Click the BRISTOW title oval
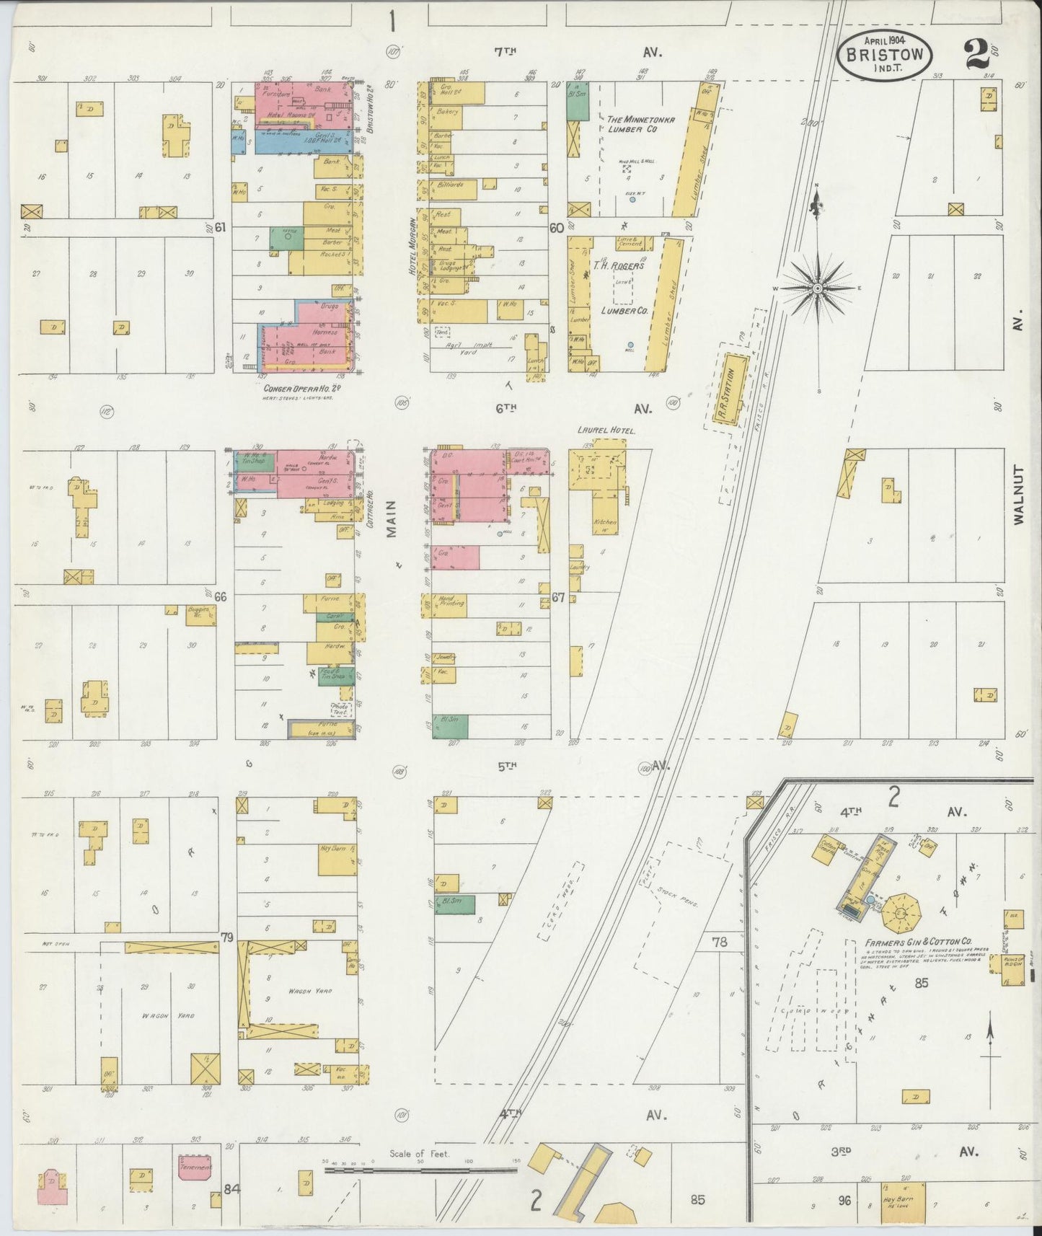[x=885, y=55]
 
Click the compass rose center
[x=818, y=288]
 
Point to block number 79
[x=228, y=937]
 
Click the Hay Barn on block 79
[x=336, y=858]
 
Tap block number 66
[x=221, y=596]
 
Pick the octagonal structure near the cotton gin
[x=901, y=914]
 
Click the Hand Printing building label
[x=451, y=601]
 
